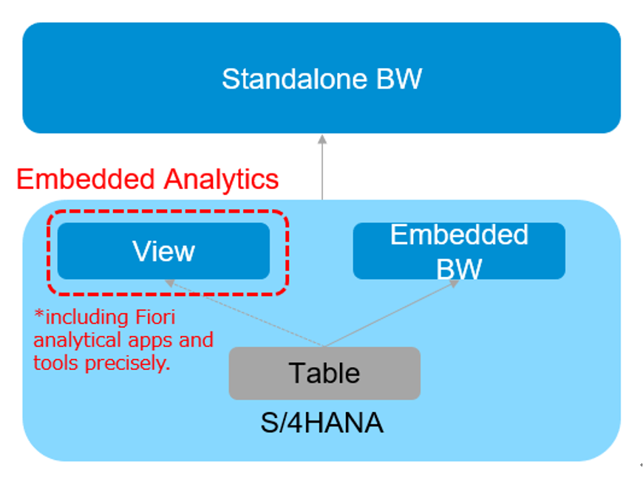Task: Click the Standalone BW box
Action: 321,78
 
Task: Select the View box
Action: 163,251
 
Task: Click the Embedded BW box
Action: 459,251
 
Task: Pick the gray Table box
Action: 324,373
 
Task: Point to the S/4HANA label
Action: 322,423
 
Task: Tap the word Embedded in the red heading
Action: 86,179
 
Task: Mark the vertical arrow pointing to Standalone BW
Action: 322,166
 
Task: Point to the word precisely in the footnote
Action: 124,363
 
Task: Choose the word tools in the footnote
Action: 51,363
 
